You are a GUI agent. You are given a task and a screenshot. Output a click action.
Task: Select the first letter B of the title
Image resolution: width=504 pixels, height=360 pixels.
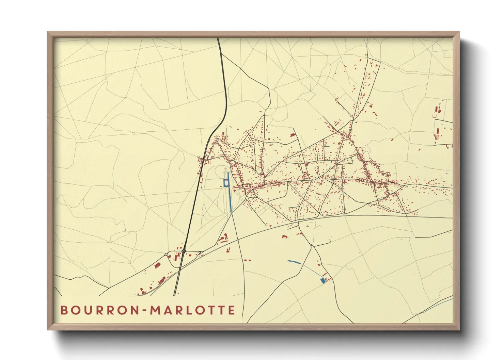click(x=64, y=310)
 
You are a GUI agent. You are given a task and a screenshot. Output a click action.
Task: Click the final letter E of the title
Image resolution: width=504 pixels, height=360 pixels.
click(x=232, y=310)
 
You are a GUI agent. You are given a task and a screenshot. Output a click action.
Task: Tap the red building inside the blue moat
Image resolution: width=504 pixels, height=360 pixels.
click(x=226, y=183)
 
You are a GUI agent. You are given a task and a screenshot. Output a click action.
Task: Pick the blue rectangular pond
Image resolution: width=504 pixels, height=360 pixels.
click(x=322, y=280)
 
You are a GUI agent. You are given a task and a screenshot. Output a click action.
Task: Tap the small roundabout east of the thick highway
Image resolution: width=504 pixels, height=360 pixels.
click(x=202, y=252)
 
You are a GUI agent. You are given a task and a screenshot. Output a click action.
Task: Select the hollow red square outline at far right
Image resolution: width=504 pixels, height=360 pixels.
click(x=434, y=116)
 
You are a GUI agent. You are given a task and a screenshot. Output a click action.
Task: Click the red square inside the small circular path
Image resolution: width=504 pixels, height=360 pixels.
click(x=363, y=149)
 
